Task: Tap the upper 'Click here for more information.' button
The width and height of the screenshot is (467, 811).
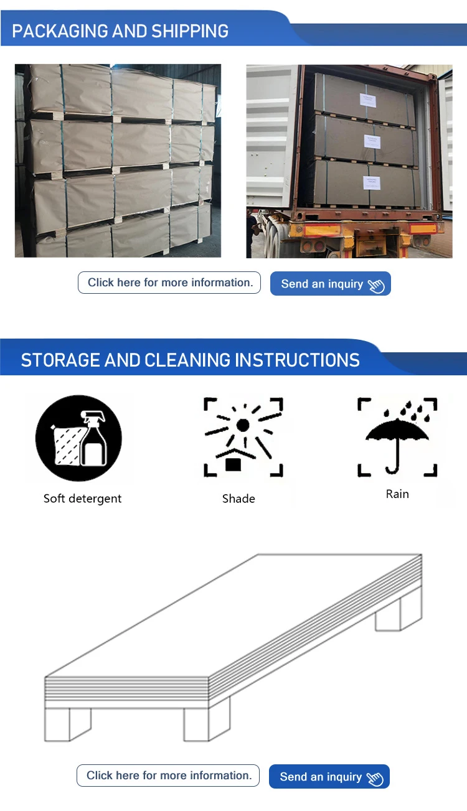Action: pos(169,283)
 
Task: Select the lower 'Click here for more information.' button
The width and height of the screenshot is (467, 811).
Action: pos(168,776)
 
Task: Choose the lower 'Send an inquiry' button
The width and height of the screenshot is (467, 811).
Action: pos(329,777)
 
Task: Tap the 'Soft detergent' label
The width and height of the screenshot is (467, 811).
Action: pos(82,499)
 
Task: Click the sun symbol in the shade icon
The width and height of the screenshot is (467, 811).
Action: pos(243,424)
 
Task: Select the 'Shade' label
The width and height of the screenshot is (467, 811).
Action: pos(238,499)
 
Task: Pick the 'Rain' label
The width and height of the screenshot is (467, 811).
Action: pos(397,494)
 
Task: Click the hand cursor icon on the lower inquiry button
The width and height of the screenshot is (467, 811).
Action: pos(375,779)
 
